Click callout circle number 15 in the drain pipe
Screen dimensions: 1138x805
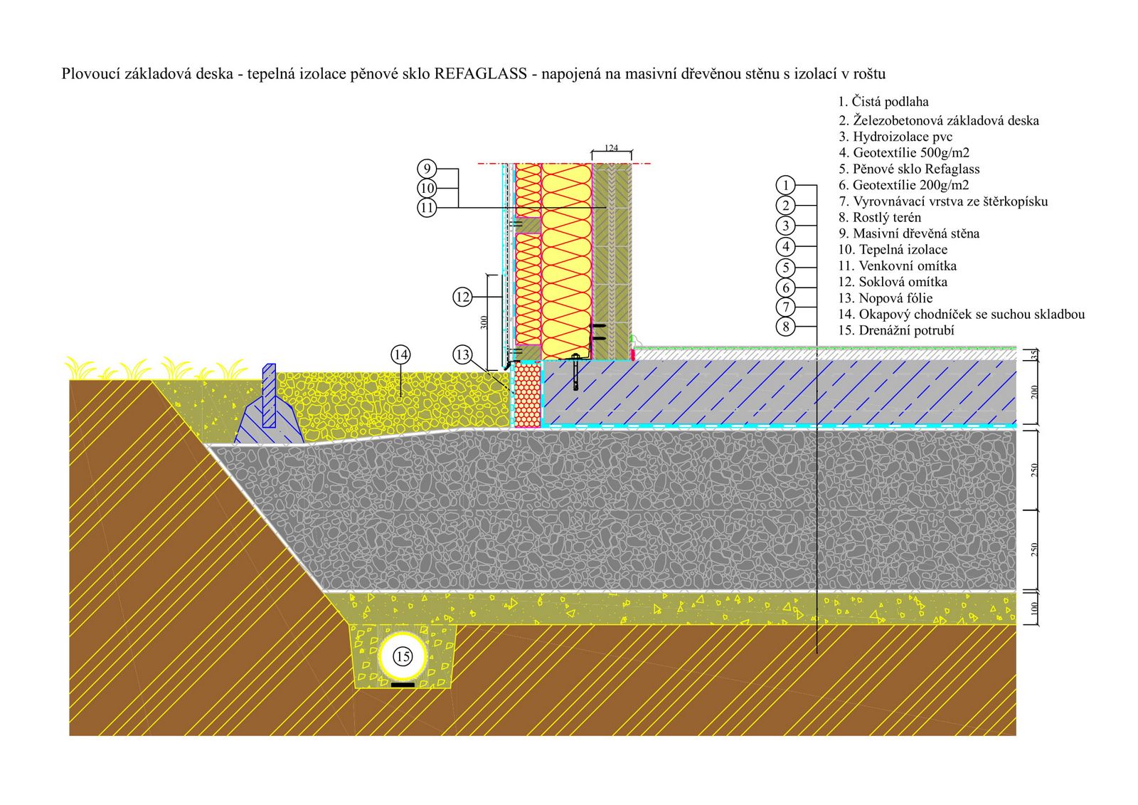pyautogui.click(x=403, y=656)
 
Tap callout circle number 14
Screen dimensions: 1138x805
pyautogui.click(x=400, y=354)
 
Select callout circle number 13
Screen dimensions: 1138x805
pyautogui.click(x=462, y=354)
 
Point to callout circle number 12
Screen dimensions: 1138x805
pyautogui.click(x=462, y=297)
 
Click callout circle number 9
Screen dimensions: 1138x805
pyautogui.click(x=427, y=169)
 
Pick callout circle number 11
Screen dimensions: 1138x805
pyautogui.click(x=427, y=208)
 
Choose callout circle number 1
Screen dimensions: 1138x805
pyautogui.click(x=785, y=184)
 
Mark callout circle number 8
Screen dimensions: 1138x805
pyautogui.click(x=785, y=326)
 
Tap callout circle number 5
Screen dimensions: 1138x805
pyautogui.click(x=785, y=268)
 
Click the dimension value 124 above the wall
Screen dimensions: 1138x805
pyautogui.click(x=611, y=148)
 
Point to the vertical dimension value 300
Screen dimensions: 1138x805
pyautogui.click(x=484, y=322)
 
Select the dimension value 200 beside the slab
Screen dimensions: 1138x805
pyautogui.click(x=1034, y=391)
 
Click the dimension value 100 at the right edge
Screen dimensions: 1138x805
pyautogui.click(x=1034, y=609)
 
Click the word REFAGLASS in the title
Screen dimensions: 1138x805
pyautogui.click(x=480, y=74)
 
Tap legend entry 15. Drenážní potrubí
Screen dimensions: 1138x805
pyautogui.click(x=896, y=330)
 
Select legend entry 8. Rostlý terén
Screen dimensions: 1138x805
pyautogui.click(x=879, y=218)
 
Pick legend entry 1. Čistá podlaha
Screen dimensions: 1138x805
pyautogui.click(x=883, y=102)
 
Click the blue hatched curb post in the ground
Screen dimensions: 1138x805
pyautogui.click(x=269, y=396)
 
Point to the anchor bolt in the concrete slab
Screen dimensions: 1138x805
pyautogui.click(x=575, y=372)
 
